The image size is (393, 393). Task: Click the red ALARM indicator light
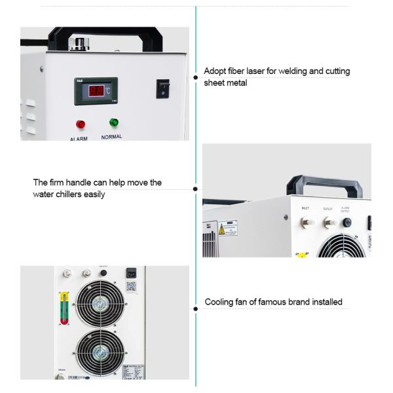click(81, 124)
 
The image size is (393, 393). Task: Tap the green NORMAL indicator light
click(113, 122)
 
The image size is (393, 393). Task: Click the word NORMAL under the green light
click(112, 137)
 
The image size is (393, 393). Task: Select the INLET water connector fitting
click(305, 222)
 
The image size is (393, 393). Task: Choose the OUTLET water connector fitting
click(327, 222)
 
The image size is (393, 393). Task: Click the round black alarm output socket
click(346, 223)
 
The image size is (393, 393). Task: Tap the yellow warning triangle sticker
click(222, 230)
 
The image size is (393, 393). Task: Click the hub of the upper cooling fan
click(100, 305)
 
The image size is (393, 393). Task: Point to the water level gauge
click(64, 308)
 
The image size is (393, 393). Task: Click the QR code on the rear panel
click(130, 286)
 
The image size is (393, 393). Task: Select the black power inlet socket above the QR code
click(130, 273)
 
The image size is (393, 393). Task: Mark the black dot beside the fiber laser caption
click(195, 77)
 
